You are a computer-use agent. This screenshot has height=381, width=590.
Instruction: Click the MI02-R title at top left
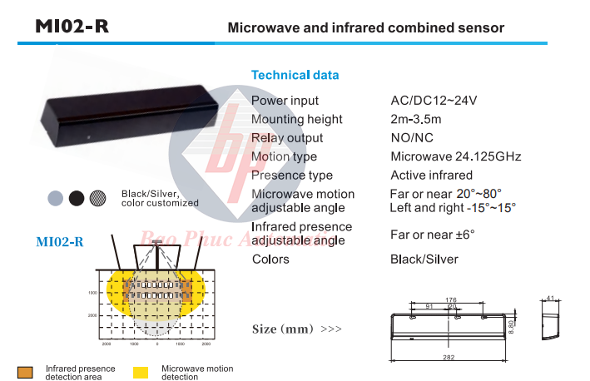tap(72, 26)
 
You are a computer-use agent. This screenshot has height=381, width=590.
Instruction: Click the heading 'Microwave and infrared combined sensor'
tap(366, 27)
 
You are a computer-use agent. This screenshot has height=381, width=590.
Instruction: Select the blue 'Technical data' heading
tap(295, 75)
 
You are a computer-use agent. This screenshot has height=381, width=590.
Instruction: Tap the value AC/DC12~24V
tap(434, 101)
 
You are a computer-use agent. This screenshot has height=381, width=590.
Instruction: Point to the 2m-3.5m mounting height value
tap(416, 120)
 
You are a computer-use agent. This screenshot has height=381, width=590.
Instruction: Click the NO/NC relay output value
tap(413, 138)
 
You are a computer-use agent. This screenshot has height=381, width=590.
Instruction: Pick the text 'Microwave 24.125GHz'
tap(456, 156)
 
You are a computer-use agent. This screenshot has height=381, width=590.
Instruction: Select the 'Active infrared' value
tap(431, 176)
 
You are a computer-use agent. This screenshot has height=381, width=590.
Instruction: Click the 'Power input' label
tap(285, 101)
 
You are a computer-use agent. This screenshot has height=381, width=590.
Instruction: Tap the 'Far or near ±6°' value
tap(432, 235)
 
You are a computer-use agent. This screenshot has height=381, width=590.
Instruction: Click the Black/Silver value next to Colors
tap(424, 260)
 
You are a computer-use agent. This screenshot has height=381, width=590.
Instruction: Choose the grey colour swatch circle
tap(55, 198)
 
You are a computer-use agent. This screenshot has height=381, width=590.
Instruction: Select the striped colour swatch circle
tap(98, 198)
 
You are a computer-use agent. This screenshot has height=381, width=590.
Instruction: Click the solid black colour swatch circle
tap(77, 198)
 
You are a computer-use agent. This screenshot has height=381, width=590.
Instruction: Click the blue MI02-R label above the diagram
tap(59, 242)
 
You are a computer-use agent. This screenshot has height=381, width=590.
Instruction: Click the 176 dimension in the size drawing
tap(452, 300)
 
